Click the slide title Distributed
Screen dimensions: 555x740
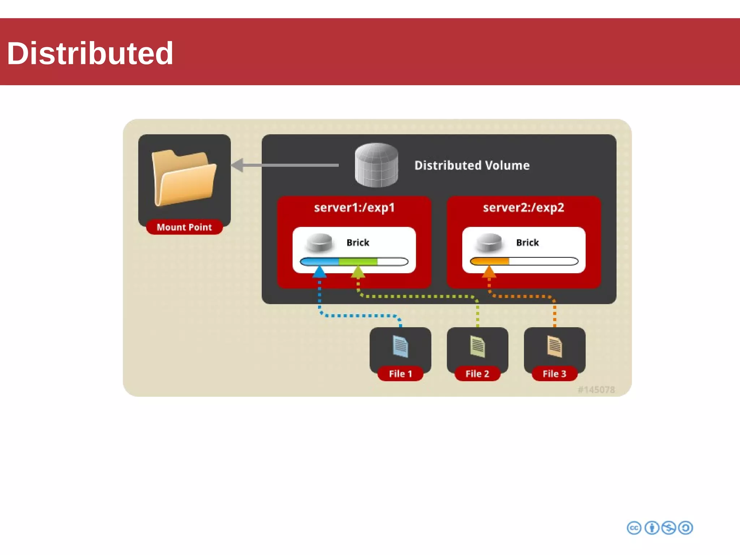(90, 53)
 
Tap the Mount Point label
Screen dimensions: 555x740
(184, 227)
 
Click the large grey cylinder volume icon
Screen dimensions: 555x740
(377, 165)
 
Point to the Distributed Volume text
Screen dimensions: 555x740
(472, 165)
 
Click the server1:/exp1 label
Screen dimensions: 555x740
(354, 208)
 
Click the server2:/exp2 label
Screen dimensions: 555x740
(524, 208)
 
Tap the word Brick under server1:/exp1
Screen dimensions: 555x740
(358, 242)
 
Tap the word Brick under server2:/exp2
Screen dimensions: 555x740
(527, 242)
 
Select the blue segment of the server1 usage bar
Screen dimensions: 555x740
(320, 261)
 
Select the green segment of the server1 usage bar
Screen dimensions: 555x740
(358, 261)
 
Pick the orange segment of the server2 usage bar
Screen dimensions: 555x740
(490, 261)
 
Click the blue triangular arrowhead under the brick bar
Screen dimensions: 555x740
(319, 272)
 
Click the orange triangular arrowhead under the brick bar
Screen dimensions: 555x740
(489, 272)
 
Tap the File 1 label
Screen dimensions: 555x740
(400, 374)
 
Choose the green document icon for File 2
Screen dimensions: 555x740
(477, 347)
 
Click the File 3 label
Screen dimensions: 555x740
(554, 374)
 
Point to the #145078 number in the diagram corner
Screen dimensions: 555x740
(596, 390)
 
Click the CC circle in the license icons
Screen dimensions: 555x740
(634, 528)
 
